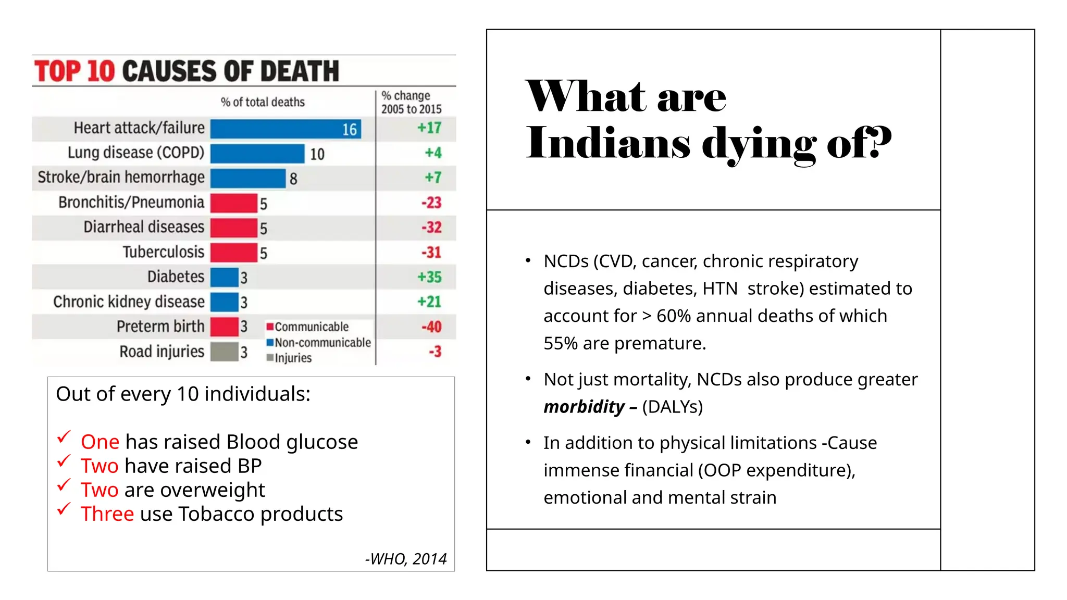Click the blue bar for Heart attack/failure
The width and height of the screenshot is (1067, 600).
click(x=286, y=129)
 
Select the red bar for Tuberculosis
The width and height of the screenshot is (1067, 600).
click(x=233, y=253)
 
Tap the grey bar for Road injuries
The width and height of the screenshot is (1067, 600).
click(x=225, y=352)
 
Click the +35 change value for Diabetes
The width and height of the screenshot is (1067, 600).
click(x=429, y=277)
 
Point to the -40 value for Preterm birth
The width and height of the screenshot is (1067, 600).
click(x=431, y=327)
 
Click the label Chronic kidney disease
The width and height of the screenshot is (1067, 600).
click(x=129, y=302)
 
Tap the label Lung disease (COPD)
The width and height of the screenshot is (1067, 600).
click(x=136, y=153)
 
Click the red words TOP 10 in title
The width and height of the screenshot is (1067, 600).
click(x=75, y=71)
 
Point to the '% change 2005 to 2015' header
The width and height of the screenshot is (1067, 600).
click(x=411, y=103)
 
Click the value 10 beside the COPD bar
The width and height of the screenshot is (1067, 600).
click(x=317, y=154)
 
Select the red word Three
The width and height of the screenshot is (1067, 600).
click(x=107, y=514)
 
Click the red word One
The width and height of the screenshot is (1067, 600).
click(x=100, y=442)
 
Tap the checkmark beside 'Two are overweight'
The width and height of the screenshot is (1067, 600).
click(x=64, y=485)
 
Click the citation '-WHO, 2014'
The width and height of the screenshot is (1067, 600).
click(x=405, y=559)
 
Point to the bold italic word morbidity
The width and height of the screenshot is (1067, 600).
click(x=584, y=407)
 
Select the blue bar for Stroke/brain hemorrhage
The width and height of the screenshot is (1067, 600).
click(x=248, y=178)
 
